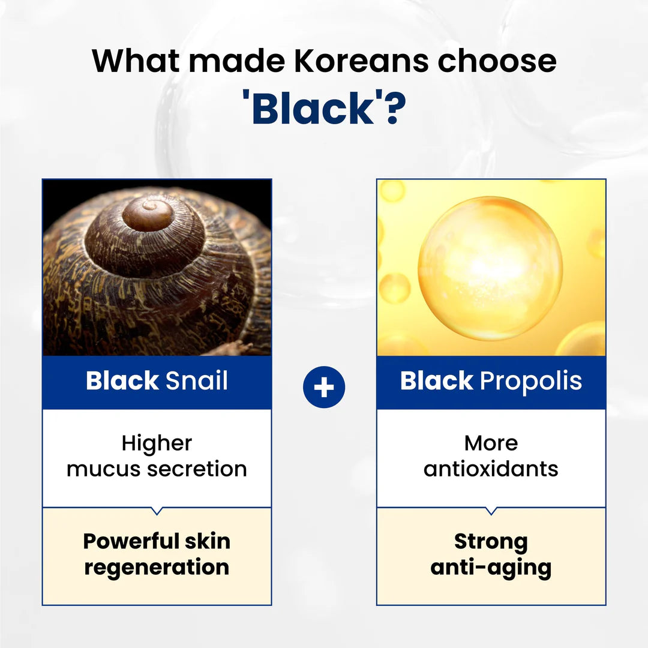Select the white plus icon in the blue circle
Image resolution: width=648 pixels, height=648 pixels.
[324, 388]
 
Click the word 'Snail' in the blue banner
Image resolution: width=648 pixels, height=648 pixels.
[196, 382]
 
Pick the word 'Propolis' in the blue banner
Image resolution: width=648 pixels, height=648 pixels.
[531, 382]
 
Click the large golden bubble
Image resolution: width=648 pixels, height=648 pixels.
[490, 268]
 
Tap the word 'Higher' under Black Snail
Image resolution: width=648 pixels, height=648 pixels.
[157, 443]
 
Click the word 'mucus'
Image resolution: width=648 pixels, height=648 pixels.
[99, 469]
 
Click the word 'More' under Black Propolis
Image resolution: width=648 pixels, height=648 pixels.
[491, 443]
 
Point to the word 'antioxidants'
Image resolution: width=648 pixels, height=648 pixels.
[491, 469]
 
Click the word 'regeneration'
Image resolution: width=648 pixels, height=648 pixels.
[157, 568]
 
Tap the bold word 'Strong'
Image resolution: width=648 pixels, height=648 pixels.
[491, 541]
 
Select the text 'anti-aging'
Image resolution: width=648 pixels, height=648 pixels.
[491, 568]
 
